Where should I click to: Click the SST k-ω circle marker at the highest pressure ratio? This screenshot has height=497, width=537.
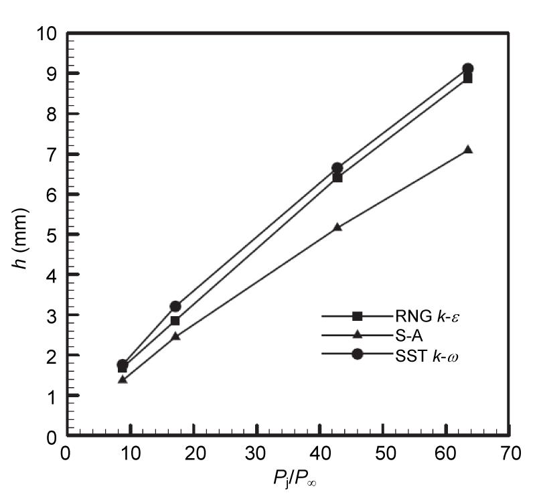click(467, 69)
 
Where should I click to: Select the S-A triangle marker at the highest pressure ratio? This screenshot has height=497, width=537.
click(467, 150)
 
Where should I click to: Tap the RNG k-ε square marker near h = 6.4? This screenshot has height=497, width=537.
click(337, 177)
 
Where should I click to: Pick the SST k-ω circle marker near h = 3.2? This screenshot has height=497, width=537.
click(175, 306)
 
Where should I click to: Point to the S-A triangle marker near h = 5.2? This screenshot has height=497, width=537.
click(337, 227)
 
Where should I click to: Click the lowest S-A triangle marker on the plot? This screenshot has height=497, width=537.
click(123, 380)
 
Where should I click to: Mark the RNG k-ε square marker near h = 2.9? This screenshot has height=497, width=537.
click(175, 321)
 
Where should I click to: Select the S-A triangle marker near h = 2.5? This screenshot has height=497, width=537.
click(175, 336)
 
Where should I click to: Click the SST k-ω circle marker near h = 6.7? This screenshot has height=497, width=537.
click(337, 167)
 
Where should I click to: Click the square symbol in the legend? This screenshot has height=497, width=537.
click(358, 316)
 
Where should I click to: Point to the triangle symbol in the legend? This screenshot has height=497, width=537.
click(358, 335)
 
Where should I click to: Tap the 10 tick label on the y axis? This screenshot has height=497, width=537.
click(46, 33)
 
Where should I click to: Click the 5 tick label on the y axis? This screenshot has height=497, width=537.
click(51, 235)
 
